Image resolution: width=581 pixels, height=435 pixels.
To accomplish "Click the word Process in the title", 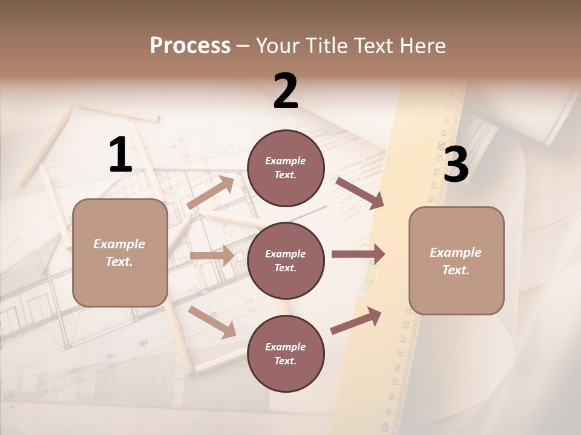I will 190,46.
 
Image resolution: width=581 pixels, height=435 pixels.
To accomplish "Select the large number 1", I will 120,155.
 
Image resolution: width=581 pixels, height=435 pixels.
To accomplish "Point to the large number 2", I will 286,91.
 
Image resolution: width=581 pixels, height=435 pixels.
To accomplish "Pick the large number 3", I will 456,164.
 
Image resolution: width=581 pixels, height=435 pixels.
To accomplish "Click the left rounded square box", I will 120,253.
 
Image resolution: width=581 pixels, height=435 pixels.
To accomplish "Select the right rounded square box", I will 456,261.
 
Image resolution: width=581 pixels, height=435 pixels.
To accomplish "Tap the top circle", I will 286,168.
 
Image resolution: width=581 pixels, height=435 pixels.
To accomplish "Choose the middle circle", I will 286,261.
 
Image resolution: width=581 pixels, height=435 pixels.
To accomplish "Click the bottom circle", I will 286,354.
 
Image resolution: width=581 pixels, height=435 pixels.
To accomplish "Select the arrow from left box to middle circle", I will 212,256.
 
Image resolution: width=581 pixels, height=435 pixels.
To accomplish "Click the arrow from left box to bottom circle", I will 212,322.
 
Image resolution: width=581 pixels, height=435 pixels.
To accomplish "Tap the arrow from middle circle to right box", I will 358,254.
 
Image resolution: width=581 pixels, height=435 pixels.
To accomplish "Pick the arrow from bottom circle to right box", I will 356,320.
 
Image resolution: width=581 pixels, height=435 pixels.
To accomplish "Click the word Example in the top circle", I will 285,161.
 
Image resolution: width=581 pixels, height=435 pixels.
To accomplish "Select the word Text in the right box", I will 455,270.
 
